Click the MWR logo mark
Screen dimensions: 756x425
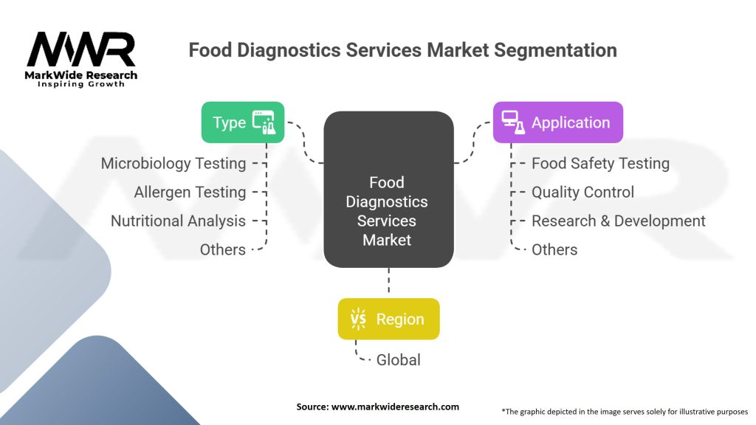coord(81,49)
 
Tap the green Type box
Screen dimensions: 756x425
coord(242,122)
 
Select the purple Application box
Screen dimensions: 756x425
coord(558,122)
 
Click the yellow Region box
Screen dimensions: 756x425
coord(388,319)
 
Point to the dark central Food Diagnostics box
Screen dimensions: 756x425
coord(388,190)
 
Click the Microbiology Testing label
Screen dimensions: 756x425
coord(173,164)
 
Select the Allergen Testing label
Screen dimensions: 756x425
coord(190,193)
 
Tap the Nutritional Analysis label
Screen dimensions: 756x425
coord(179,221)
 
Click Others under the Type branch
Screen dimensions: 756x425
coord(223,249)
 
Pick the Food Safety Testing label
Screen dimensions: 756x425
coord(600,164)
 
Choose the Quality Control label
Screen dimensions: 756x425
coord(583,193)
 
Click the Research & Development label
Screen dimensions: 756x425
coord(618,221)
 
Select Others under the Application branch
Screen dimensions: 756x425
coord(554,249)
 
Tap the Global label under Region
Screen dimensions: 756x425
coord(398,360)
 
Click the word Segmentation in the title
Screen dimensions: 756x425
coord(555,51)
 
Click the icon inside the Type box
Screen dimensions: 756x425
coord(264,122)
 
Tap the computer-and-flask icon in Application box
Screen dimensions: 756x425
coord(513,122)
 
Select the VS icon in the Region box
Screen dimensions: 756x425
coord(359,319)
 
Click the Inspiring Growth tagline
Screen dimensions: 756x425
coord(81,84)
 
